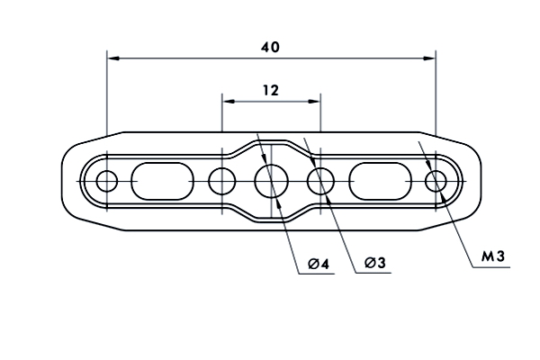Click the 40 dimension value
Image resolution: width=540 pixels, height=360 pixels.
270,47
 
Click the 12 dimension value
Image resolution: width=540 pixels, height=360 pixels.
271,90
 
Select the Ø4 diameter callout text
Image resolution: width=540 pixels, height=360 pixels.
319,264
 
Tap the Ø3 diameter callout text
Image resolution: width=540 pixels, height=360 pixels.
375,263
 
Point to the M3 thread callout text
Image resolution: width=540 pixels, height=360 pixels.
493,256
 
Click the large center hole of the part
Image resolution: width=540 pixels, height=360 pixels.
272,181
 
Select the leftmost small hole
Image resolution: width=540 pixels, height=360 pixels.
107,181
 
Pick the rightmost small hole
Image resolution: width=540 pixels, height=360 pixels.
436,181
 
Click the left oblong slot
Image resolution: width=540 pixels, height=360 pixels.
163,181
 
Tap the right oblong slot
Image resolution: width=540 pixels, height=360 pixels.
380,181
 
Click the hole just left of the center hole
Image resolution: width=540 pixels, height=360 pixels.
222,181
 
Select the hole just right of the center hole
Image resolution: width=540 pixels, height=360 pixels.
320,181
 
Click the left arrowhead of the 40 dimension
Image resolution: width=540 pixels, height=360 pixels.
113,58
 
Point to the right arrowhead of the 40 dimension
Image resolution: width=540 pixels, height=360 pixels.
429,58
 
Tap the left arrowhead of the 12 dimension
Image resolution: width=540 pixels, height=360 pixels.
229,102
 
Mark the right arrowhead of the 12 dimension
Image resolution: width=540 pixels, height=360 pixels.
314,102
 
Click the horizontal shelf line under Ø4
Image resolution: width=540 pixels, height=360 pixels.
317,274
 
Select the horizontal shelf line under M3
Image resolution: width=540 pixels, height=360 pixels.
491,267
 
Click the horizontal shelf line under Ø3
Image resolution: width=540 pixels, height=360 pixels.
373,274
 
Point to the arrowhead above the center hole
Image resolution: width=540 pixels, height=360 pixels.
264,157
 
